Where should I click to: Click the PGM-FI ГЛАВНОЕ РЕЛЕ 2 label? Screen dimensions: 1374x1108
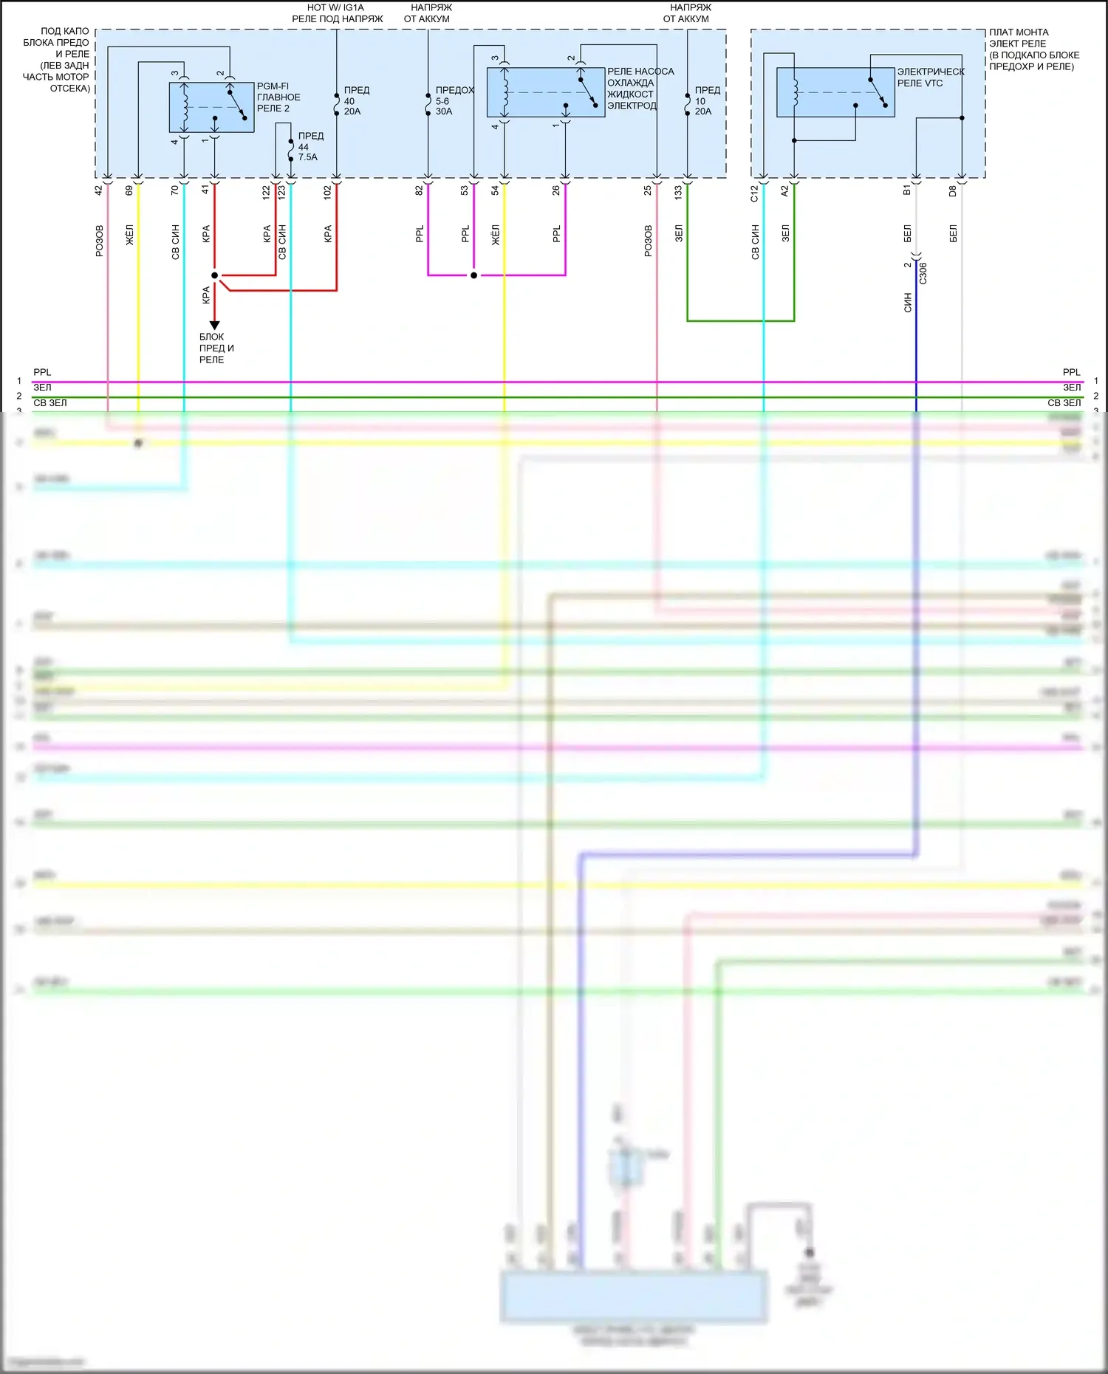click(x=278, y=97)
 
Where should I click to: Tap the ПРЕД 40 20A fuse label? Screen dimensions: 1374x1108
click(x=355, y=101)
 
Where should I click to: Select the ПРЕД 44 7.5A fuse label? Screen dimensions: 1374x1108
click(x=310, y=146)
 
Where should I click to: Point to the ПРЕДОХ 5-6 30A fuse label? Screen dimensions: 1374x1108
click(x=454, y=101)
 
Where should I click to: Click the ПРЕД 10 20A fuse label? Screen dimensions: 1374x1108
click(x=706, y=101)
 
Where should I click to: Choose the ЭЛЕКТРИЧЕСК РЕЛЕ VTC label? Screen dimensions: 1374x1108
click(x=930, y=78)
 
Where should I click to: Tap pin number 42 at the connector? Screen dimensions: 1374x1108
click(x=99, y=190)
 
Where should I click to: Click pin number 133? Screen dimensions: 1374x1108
click(x=678, y=192)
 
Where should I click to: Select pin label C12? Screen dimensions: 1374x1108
click(x=754, y=193)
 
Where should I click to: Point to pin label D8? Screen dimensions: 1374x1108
click(x=953, y=191)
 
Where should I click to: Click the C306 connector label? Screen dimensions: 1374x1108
click(x=923, y=273)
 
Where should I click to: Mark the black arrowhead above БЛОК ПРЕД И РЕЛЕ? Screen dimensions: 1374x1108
click(x=215, y=325)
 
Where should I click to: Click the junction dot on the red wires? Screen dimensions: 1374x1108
click(x=215, y=275)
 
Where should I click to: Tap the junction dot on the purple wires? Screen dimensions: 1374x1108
click(x=473, y=275)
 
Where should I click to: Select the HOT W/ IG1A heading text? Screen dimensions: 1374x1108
click(x=335, y=7)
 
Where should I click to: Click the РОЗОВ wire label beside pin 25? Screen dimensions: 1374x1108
click(x=649, y=241)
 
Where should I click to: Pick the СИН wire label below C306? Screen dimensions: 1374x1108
click(x=908, y=303)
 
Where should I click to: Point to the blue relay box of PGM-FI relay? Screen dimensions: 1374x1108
click(x=211, y=107)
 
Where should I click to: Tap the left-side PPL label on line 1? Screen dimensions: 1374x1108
click(x=42, y=372)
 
